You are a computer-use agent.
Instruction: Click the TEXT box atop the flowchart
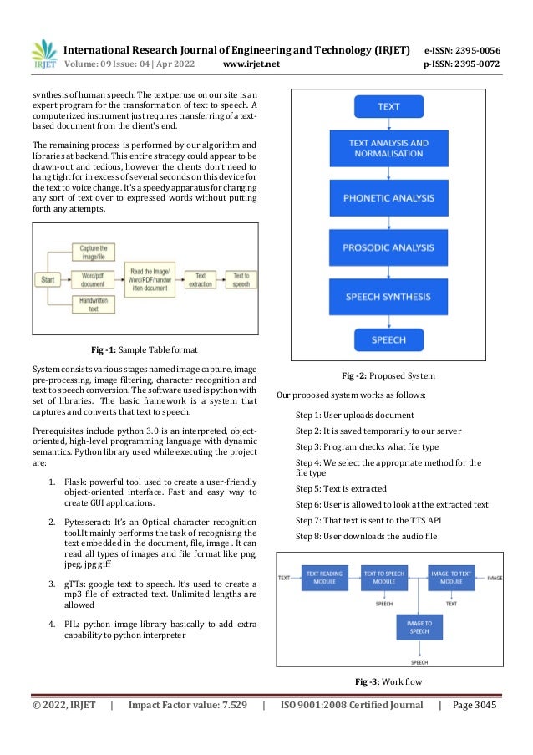[388, 107]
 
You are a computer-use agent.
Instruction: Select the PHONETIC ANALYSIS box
[388, 199]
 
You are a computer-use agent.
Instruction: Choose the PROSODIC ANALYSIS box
[388, 248]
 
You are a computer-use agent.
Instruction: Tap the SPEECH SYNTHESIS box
[388, 297]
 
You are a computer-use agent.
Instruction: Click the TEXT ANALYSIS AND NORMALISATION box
[388, 150]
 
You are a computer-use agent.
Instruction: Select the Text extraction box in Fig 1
[201, 279]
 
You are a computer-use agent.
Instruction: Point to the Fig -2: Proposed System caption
[388, 375]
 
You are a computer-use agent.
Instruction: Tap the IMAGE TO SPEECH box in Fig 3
[419, 628]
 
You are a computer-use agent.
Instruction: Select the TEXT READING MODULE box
[324, 578]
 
